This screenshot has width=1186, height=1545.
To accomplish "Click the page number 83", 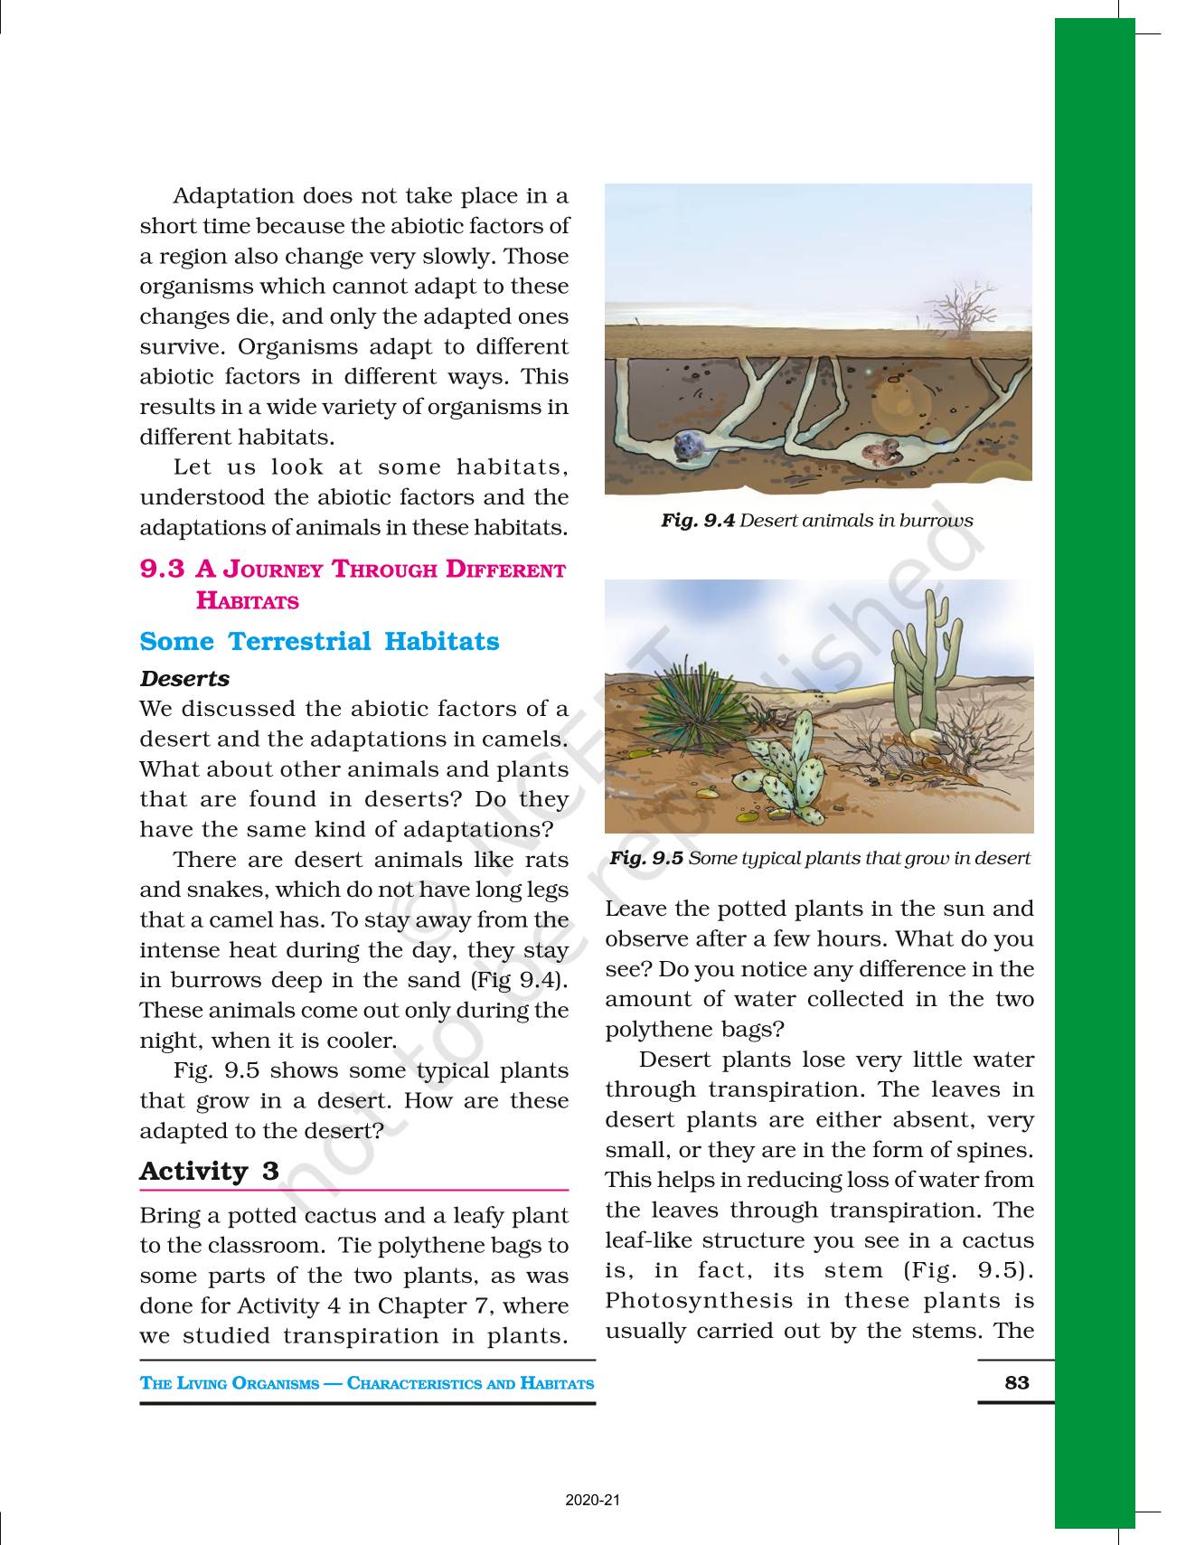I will tap(1016, 1382).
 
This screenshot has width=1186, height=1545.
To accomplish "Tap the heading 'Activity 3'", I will tap(209, 1172).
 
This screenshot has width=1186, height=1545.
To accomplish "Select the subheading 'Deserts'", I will tap(184, 679).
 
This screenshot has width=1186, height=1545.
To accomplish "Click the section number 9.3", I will tap(162, 570).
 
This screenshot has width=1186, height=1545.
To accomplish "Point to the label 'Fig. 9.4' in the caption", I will tap(697, 521).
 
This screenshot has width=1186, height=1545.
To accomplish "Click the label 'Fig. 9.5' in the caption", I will tap(646, 858).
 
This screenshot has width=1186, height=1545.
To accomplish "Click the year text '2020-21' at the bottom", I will tap(593, 1501).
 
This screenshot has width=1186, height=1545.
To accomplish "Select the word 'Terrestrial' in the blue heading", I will tap(298, 642).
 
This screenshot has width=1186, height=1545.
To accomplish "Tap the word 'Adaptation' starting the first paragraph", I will tap(233, 196).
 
